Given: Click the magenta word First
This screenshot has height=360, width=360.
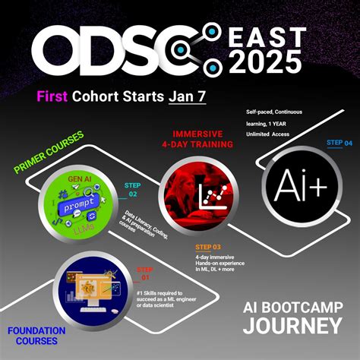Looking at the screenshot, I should tap(55, 96).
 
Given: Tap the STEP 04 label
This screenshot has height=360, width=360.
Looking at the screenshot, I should tap(339, 143).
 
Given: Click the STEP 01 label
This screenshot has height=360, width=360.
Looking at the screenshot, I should tap(144, 273).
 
